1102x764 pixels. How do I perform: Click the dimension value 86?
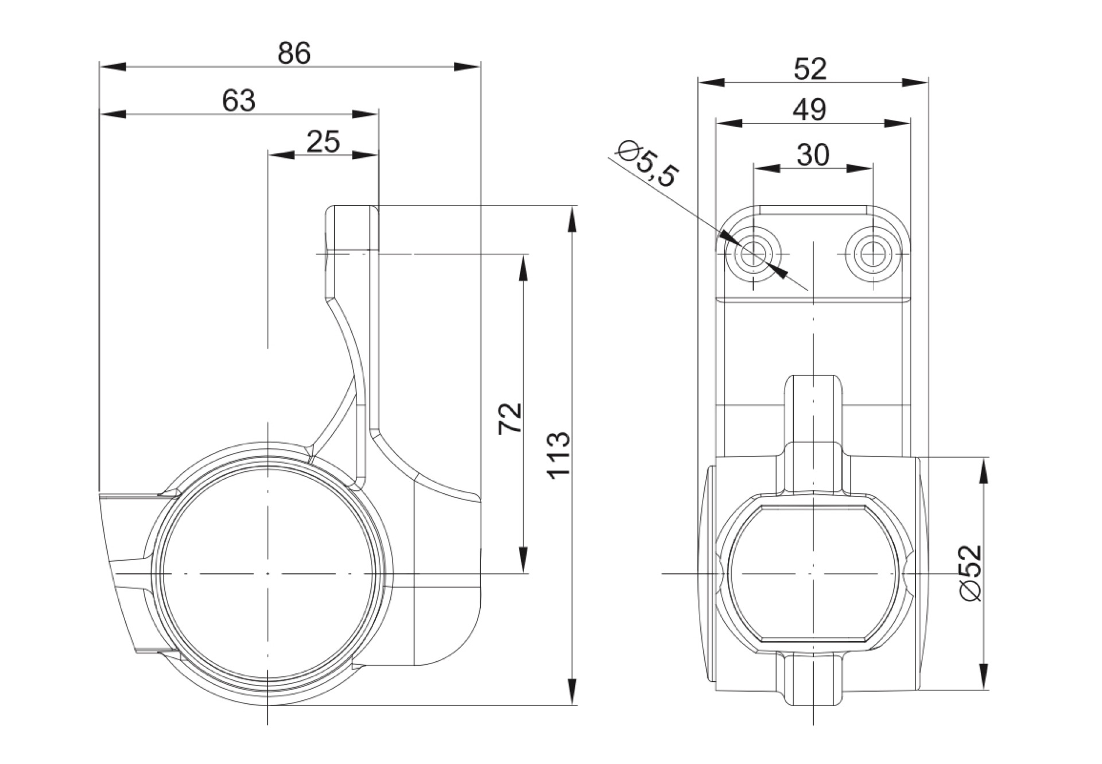click(294, 53)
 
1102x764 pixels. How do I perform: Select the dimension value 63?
click(239, 100)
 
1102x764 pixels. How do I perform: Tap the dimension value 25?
click(323, 141)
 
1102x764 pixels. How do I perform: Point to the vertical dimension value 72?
click(510, 418)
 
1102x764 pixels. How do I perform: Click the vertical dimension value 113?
click(558, 455)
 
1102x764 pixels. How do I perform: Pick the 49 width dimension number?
click(810, 109)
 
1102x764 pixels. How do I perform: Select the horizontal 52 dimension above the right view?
click(810, 69)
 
